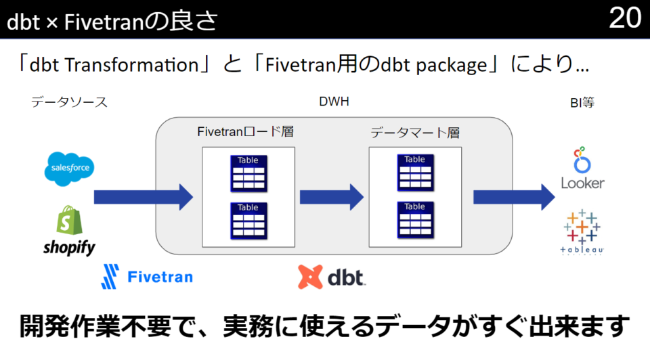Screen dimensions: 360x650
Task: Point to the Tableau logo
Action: tap(582, 233)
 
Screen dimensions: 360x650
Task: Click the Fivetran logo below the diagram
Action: tap(146, 276)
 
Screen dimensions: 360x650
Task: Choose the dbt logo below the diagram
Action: tap(331, 277)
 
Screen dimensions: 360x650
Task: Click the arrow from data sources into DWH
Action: tap(143, 197)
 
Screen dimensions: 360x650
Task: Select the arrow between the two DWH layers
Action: tap(332, 197)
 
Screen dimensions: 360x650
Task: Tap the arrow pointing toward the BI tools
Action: tap(514, 197)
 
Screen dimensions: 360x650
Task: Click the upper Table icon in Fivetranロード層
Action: tap(248, 173)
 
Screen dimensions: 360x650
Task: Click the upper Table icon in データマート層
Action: tap(414, 173)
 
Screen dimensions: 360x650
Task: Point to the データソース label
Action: tap(69, 102)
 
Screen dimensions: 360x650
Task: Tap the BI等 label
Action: tap(582, 104)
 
